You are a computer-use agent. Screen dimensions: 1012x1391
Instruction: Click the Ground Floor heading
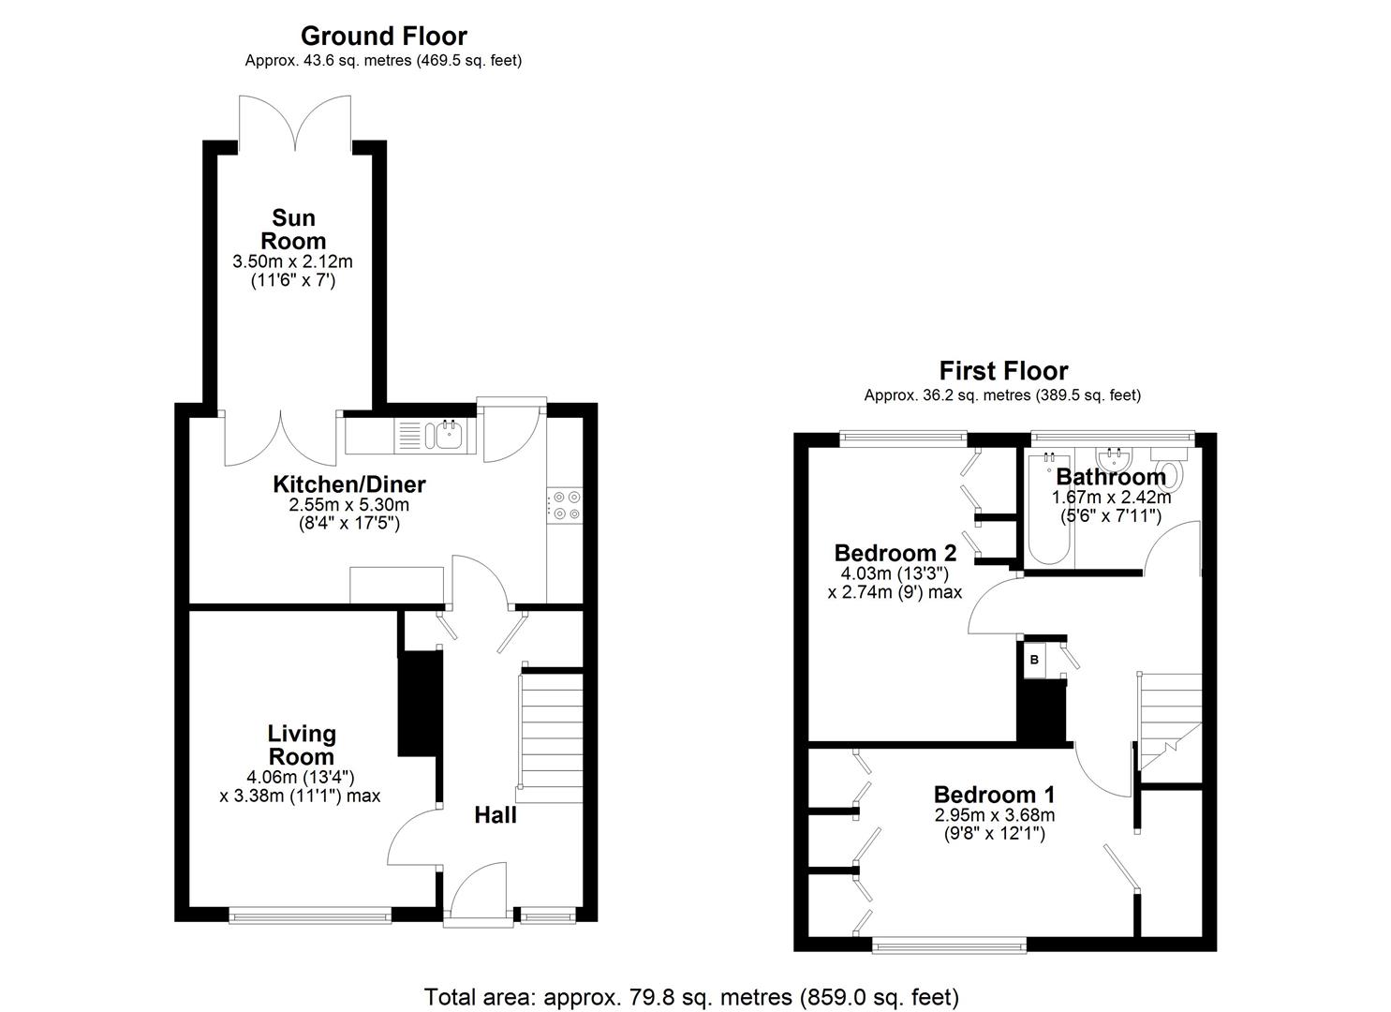pyautogui.click(x=383, y=36)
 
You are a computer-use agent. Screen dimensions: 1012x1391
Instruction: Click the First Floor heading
pyautogui.click(x=1003, y=371)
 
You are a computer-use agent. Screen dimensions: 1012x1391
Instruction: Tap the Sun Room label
pyautogui.click(x=293, y=230)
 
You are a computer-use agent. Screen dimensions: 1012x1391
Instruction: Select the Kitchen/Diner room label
pyautogui.click(x=348, y=484)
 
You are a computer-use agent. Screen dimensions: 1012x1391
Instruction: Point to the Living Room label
pyautogui.click(x=301, y=745)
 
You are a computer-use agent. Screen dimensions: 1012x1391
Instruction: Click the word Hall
pyautogui.click(x=495, y=815)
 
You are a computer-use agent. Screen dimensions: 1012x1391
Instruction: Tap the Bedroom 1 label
pyautogui.click(x=994, y=795)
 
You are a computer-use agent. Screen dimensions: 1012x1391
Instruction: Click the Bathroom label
pyautogui.click(x=1111, y=477)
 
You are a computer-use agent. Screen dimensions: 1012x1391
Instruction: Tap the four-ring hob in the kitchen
pyautogui.click(x=566, y=505)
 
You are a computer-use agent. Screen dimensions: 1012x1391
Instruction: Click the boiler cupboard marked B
pyautogui.click(x=1034, y=660)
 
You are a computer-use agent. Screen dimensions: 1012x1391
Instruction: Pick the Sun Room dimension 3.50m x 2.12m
pyautogui.click(x=292, y=261)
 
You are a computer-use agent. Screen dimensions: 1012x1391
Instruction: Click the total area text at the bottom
pyautogui.click(x=691, y=996)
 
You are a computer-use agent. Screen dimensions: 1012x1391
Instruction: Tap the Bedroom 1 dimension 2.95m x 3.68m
pyautogui.click(x=994, y=815)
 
